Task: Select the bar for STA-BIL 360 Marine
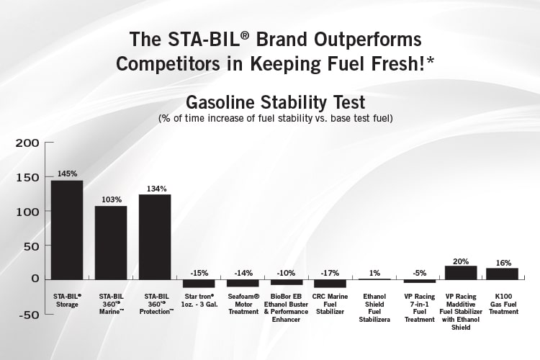point(111,242)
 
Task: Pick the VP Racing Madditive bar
point(461,272)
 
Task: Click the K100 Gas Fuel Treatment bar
point(503,273)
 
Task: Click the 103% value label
point(111,199)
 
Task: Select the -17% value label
point(330,272)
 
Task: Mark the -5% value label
point(420,272)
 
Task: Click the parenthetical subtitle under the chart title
point(270,117)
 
